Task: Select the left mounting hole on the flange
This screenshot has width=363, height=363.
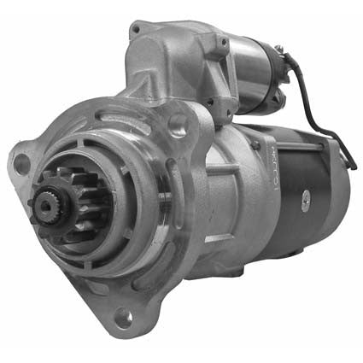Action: coord(20,164)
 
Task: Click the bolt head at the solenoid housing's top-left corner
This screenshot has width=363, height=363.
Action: coord(136,31)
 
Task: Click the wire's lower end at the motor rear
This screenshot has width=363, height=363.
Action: coord(348,161)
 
